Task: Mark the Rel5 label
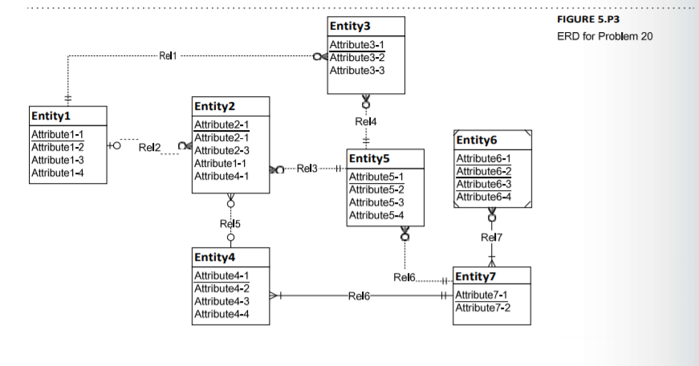[230, 223]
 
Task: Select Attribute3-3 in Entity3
[357, 70]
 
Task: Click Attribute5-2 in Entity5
[376, 189]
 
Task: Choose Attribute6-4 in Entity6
[483, 196]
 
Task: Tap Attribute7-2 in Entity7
[482, 307]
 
